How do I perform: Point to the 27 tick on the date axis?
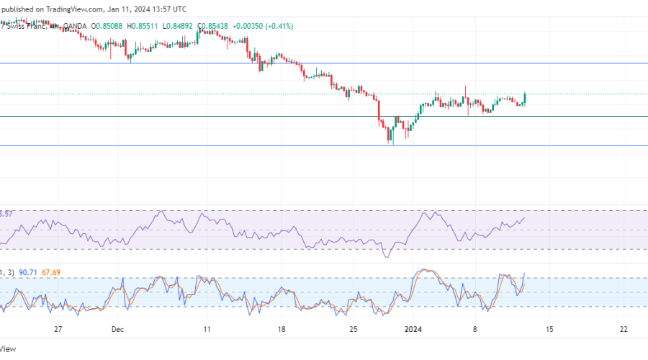[x=59, y=328]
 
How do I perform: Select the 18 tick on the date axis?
[x=282, y=328]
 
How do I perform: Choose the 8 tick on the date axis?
[x=475, y=328]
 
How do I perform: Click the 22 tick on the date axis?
[x=623, y=328]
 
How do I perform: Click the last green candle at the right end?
[x=526, y=99]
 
